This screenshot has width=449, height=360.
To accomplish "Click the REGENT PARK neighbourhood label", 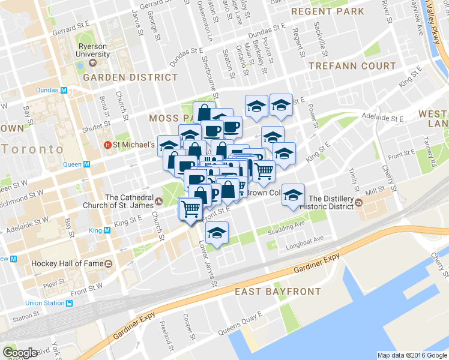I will pos(327,11).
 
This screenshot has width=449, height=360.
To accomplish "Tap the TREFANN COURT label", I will pos(352,66).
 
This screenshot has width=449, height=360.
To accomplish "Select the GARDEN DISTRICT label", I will pos(130,77).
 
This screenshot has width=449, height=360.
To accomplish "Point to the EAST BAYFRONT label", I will pos(277,292).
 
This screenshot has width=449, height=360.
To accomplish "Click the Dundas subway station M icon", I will pos(63,90).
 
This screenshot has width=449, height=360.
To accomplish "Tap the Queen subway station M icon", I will pos(86,164).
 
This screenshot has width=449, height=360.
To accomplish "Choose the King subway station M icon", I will pos(107,230).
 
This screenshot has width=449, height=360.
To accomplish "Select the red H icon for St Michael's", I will pos(107,145).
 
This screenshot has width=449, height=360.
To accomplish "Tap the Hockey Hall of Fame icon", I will pos(108,263).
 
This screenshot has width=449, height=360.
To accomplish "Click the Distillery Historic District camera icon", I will pos(359,203).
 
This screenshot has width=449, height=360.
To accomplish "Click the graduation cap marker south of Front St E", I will pos(217,232).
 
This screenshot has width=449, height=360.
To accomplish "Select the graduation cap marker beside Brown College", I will pos(293,195).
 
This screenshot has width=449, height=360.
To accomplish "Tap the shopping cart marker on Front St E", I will pos(190,209).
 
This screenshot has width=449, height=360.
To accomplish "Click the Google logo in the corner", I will pos(20,352).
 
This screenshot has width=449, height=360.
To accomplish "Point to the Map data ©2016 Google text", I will pos(412,355).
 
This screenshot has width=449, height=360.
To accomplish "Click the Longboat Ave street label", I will pos(305,238).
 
